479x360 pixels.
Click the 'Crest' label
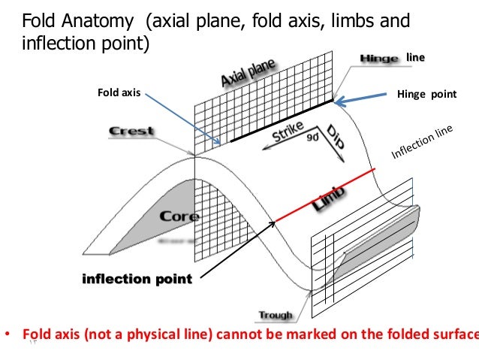[131, 131]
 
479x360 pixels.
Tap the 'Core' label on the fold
[178, 216]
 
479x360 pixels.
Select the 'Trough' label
[276, 315]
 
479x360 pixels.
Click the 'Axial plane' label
[247, 73]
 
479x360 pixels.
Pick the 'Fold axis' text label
[120, 93]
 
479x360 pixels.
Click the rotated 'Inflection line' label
[423, 143]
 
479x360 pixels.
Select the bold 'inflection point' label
[137, 280]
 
